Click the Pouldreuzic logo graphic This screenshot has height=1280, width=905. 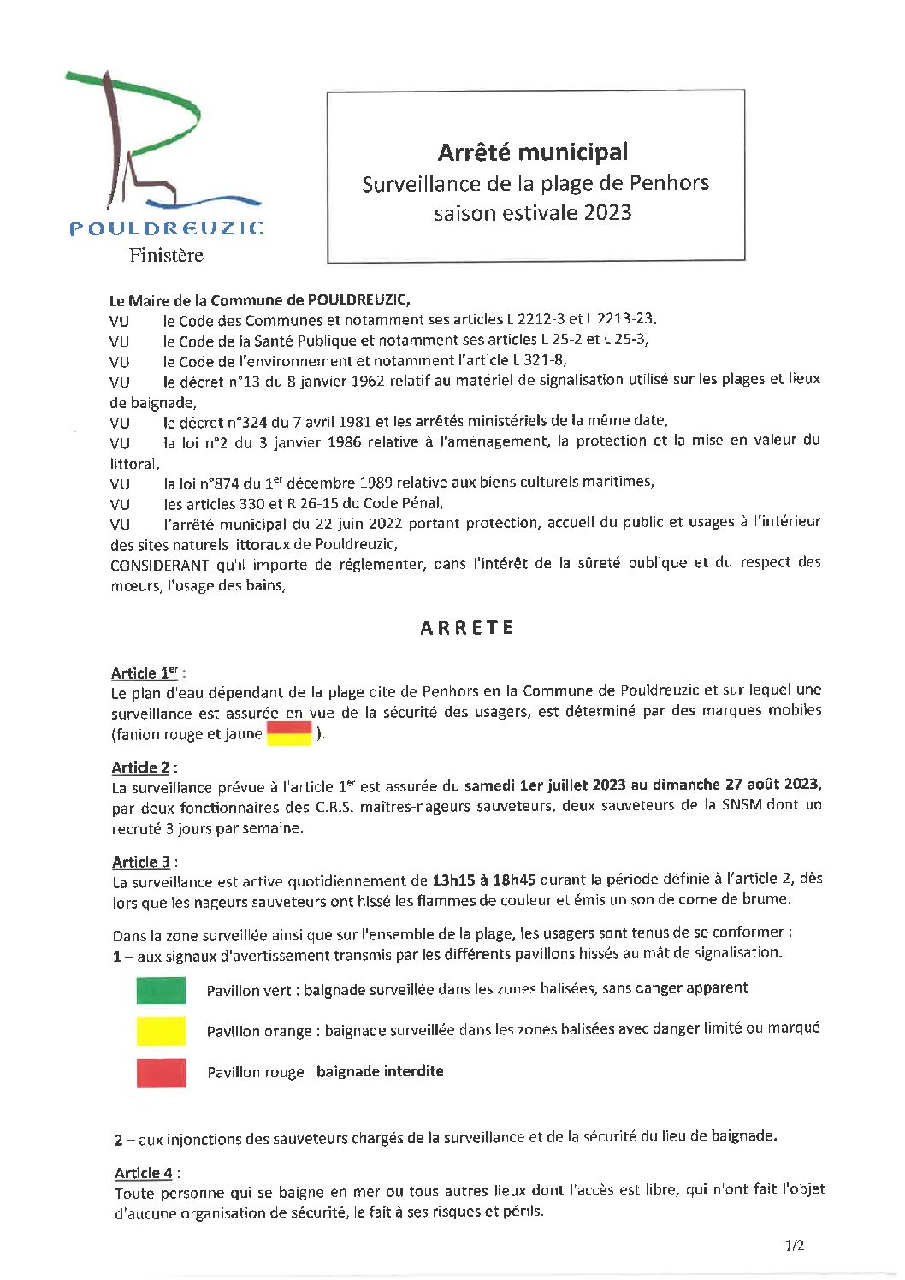[163, 145]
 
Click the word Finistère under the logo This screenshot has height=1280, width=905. [166, 255]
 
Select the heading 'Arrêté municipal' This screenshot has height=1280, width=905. [533, 152]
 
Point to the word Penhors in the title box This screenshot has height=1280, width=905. [669, 182]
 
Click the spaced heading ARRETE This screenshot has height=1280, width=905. [467, 628]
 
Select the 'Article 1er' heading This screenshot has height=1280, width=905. [145, 673]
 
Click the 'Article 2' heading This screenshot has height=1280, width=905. [141, 767]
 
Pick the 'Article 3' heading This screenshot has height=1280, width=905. [141, 862]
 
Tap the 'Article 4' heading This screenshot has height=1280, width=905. [144, 1173]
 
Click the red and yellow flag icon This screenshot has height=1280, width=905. [289, 733]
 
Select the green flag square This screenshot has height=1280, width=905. [161, 990]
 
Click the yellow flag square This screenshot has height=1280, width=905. [161, 1031]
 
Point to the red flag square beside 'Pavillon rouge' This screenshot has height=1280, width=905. [161, 1072]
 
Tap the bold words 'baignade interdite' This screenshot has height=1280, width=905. [380, 1071]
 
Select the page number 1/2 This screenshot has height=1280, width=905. [794, 1246]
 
